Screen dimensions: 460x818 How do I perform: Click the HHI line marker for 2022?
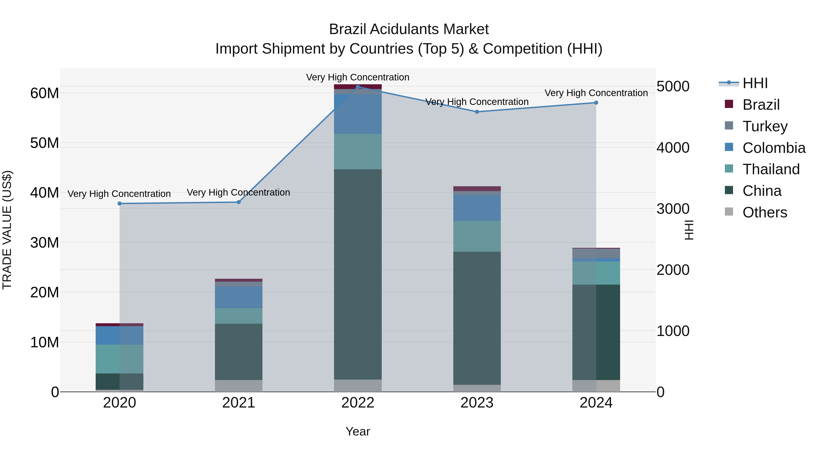[358, 87]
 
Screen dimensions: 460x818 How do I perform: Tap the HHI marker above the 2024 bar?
[596, 102]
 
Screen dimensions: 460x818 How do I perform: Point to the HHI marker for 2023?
[477, 112]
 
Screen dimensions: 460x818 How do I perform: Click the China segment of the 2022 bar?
[358, 274]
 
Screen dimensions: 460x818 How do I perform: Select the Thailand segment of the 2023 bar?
[477, 236]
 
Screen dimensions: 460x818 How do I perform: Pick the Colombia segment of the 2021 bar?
[239, 297]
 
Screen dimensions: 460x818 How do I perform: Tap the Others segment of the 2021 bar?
[239, 386]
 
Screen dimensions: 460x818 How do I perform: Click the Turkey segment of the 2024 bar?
[596, 253]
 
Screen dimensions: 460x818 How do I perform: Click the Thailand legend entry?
[771, 169]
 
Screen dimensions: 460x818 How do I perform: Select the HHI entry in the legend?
[755, 83]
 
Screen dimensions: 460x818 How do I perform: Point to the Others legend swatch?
[729, 212]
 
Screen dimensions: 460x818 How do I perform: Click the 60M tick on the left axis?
[45, 93]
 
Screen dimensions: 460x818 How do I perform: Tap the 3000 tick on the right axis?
[673, 209]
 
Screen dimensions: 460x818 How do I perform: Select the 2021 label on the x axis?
[239, 403]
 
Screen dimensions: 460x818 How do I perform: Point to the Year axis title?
[358, 431]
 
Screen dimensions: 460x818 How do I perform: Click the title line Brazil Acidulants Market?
[409, 29]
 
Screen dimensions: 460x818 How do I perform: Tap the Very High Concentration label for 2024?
[596, 93]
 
